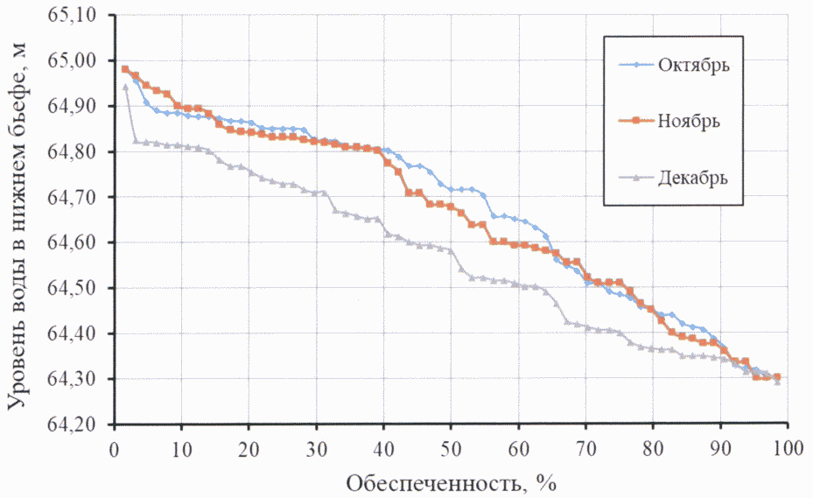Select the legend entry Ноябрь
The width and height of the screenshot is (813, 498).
point(688,121)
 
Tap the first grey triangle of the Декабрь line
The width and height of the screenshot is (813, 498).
point(125,87)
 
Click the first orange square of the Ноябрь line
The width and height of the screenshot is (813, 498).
point(125,69)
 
